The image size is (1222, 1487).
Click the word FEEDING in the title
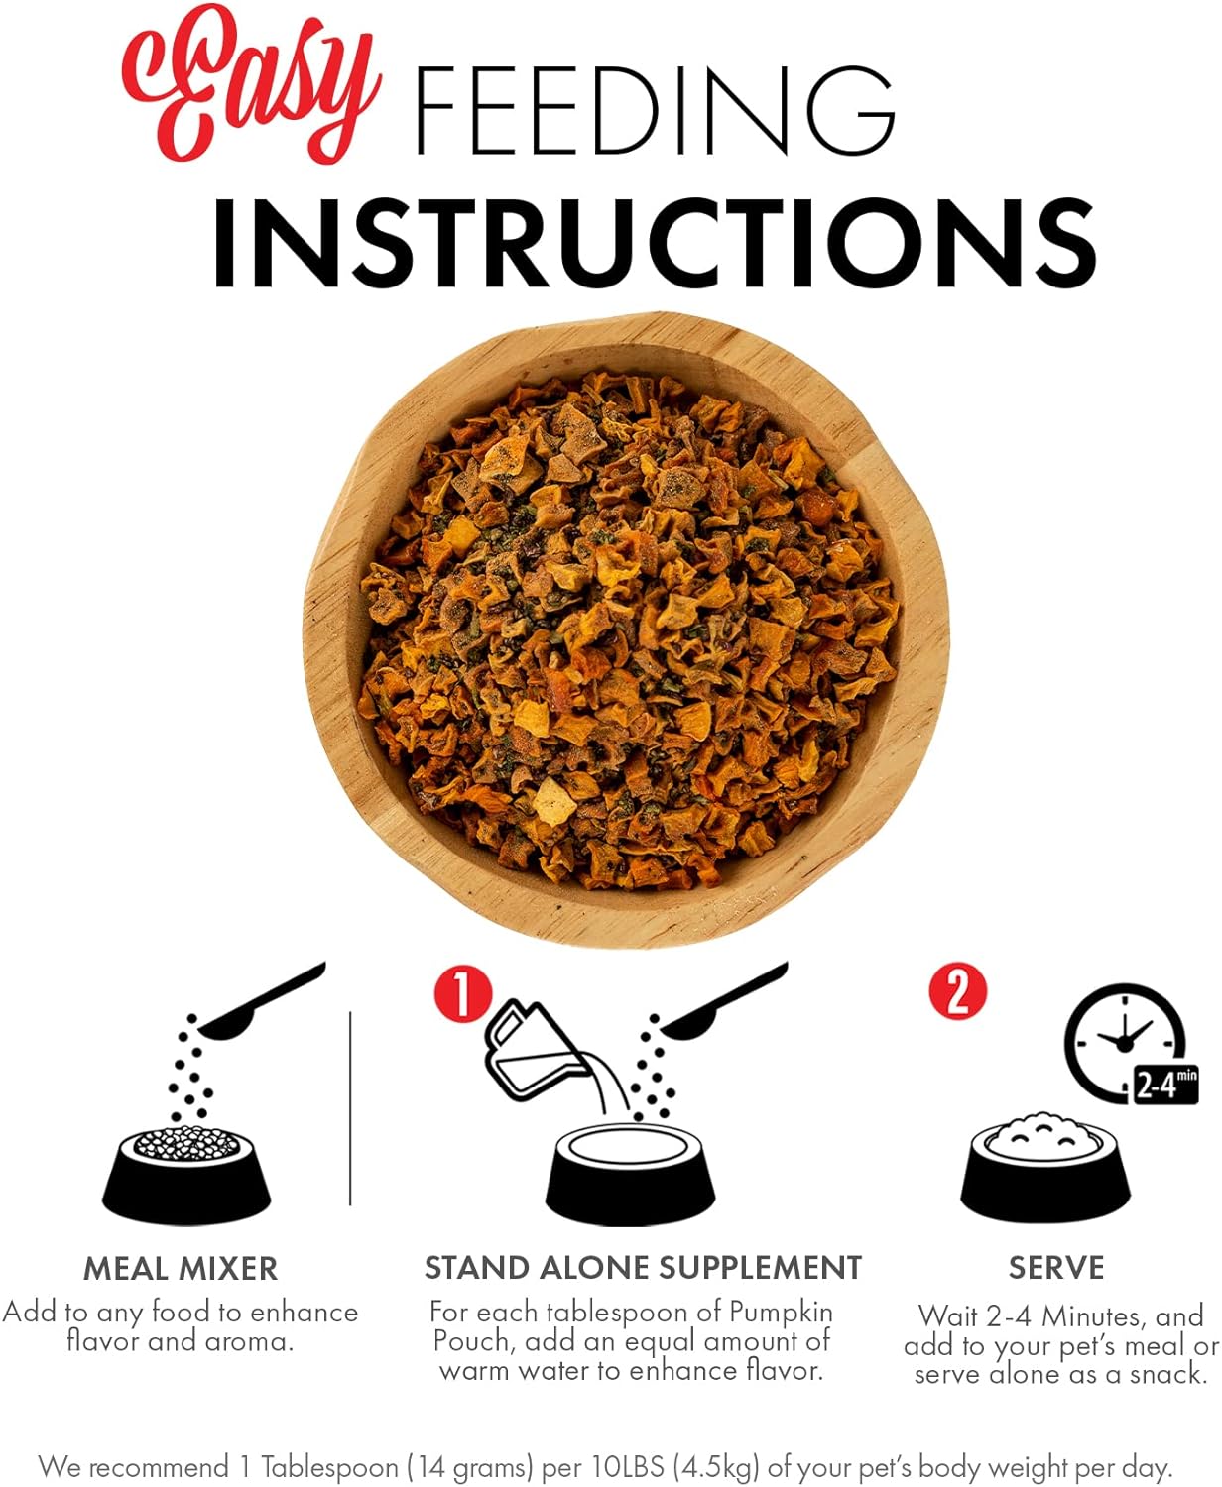[656, 111]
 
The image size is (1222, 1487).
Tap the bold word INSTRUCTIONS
[655, 243]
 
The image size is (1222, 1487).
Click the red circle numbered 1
[463, 995]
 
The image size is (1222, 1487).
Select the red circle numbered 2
[958, 991]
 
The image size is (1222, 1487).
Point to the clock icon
[1125, 1043]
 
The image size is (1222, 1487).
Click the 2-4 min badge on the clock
[1164, 1085]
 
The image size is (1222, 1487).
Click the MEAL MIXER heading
[181, 1269]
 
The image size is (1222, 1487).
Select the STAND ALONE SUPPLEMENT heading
[643, 1268]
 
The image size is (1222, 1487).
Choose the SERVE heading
[1056, 1268]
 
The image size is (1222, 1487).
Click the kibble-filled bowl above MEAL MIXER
[186, 1174]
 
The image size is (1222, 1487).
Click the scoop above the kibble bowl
[261, 1001]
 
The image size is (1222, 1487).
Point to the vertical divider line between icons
[350, 1108]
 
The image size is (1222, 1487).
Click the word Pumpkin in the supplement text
[781, 1313]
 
